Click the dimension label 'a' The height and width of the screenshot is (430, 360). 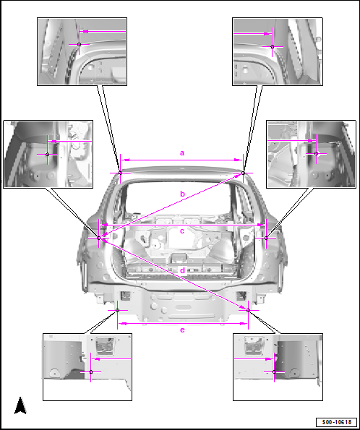point(182,153)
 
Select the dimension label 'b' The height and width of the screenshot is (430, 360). point(182,194)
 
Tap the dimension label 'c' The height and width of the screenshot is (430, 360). point(182,231)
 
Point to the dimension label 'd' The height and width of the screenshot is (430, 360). point(183,270)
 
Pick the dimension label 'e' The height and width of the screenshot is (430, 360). point(182,330)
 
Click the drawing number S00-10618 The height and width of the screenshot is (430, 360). point(336,422)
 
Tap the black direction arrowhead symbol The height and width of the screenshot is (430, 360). point(20,405)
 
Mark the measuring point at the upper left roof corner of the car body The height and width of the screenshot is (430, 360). point(120,173)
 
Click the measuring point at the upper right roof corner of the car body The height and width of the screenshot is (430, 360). point(243,173)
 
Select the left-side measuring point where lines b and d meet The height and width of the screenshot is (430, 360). point(99,238)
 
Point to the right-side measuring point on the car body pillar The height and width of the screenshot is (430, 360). point(266,238)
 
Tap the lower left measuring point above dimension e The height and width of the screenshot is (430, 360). point(117,311)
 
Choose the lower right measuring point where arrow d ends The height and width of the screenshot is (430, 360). point(249,311)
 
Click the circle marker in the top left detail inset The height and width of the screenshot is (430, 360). point(80,44)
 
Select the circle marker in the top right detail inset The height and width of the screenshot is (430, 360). point(273,47)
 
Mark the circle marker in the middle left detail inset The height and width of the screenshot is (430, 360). point(48,155)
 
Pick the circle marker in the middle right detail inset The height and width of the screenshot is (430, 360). point(316,154)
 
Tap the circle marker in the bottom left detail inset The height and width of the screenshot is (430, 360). point(91,372)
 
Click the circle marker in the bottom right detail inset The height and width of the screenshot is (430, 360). point(274,372)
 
